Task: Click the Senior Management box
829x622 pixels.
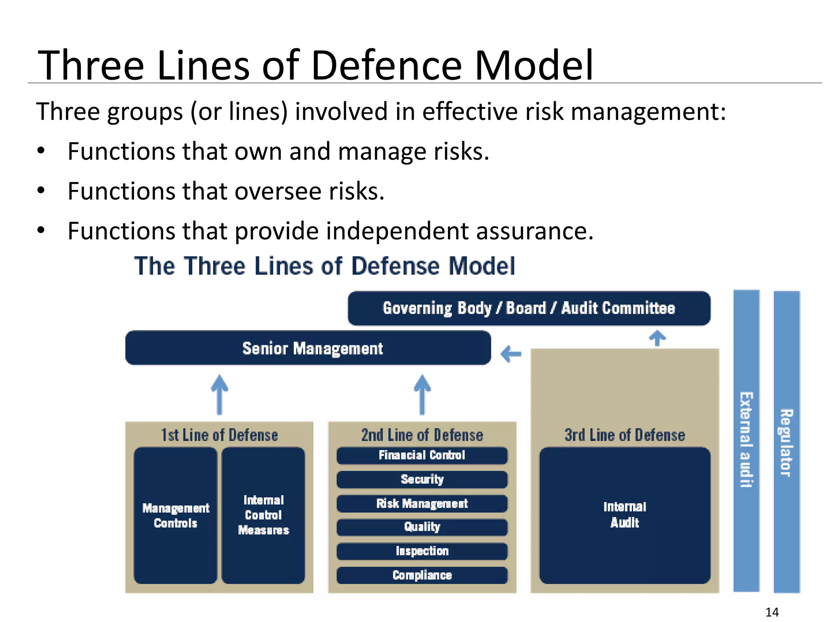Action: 308,348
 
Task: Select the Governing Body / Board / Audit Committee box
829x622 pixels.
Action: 529,308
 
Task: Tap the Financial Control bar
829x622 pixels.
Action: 422,455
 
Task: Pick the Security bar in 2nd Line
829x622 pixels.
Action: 422,479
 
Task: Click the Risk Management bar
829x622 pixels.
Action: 422,503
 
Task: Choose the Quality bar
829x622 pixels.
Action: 422,527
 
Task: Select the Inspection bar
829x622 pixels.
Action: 422,551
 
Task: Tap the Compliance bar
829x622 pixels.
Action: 422,575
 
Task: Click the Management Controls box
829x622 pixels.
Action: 176,515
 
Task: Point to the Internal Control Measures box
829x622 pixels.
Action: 263,515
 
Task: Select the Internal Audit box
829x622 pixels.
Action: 625,515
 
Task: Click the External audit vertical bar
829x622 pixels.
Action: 746,441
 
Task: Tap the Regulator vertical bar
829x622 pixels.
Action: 786,441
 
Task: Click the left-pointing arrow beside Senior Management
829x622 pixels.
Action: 511,354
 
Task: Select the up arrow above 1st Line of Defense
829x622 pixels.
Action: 219,394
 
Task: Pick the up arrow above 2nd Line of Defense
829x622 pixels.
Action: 422,394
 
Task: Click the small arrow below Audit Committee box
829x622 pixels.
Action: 657,338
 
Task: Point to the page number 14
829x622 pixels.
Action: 772,612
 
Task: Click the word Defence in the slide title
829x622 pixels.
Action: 386,66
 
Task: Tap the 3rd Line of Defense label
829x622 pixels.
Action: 625,435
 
